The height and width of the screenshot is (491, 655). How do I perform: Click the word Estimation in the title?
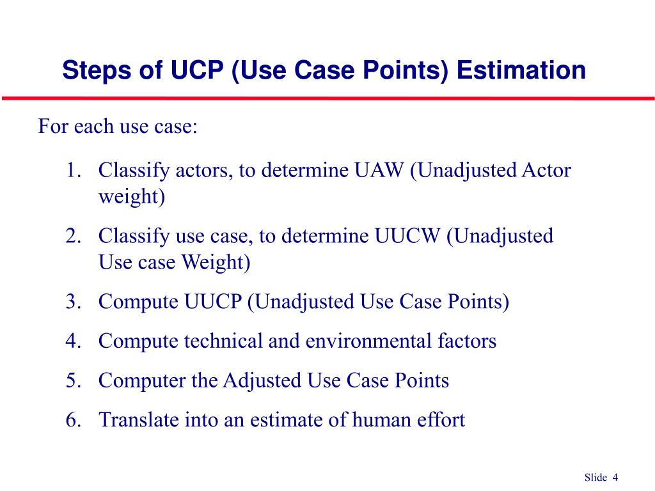pos(521,70)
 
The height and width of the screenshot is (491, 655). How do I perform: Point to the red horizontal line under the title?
pos(327,98)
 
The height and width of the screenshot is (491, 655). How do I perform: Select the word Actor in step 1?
pos(547,171)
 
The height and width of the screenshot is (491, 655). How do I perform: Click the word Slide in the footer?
pos(596,478)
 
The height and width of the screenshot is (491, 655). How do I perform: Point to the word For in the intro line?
pos(53,126)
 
